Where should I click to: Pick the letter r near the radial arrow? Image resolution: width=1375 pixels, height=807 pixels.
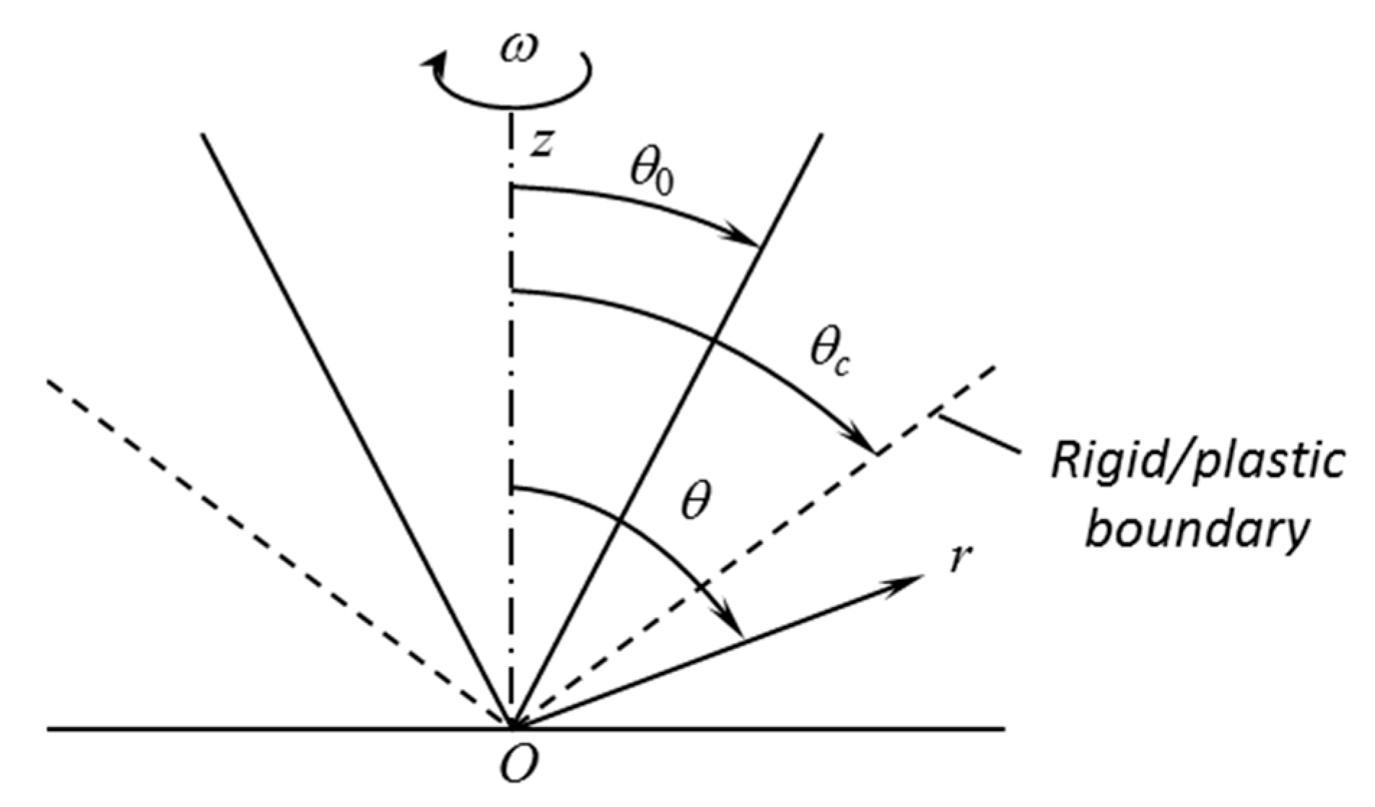click(957, 559)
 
